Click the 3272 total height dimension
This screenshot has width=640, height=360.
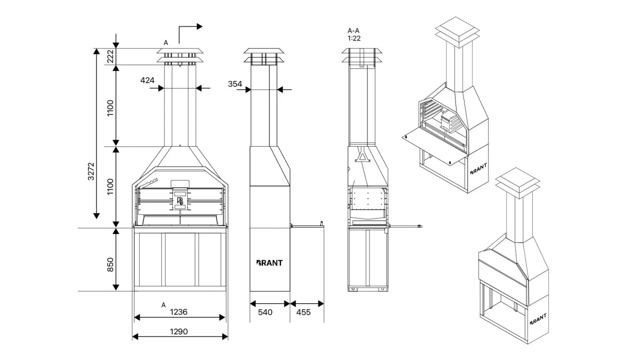(91, 172)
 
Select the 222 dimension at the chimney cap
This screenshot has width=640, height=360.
(111, 57)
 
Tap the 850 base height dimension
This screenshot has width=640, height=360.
(111, 264)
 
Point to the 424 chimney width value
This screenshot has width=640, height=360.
(147, 81)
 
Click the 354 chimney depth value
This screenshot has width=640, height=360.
(235, 84)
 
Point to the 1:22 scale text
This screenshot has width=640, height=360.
(354, 38)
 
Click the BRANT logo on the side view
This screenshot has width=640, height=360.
(269, 262)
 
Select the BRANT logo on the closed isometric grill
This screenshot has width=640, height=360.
(538, 319)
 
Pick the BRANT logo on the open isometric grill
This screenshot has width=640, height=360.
(478, 169)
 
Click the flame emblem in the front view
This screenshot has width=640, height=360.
(180, 201)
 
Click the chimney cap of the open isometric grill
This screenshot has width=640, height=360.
(454, 28)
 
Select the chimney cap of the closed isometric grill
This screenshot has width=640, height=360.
(515, 179)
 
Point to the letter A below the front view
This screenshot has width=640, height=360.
(164, 305)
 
